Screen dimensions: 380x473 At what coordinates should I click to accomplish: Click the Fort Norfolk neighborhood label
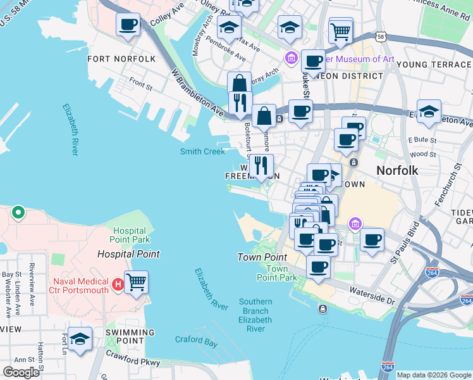tap(121, 59)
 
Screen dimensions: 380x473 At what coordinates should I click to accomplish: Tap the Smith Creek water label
tap(202, 151)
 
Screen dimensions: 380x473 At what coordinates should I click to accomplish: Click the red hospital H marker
tap(117, 286)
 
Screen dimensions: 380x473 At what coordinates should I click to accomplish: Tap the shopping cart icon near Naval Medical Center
tap(136, 282)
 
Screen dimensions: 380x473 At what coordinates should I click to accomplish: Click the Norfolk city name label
tap(397, 170)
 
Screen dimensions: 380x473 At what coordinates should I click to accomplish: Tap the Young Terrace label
tap(434, 65)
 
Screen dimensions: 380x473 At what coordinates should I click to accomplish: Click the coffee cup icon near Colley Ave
tap(128, 25)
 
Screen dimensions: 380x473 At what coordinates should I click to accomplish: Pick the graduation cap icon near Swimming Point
tap(80, 339)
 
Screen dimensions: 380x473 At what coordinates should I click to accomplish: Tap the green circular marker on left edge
tap(18, 213)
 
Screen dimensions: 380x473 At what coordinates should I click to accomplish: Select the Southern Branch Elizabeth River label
tap(255, 315)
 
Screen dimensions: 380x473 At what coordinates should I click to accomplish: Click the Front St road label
tap(140, 82)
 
